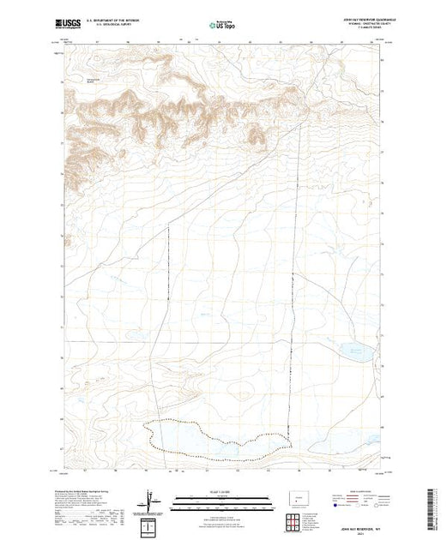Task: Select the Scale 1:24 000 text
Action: tap(221, 495)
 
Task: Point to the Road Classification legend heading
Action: tap(365, 493)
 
